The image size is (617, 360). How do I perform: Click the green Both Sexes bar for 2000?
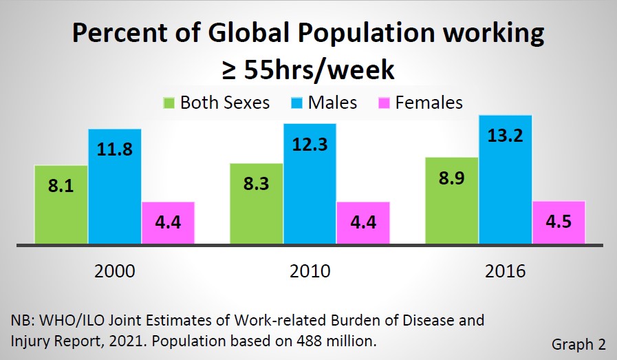(61, 204)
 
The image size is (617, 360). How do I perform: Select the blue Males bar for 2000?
(114, 186)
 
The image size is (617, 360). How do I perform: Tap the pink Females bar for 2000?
(168, 222)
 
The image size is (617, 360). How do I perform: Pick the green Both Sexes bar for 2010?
(256, 204)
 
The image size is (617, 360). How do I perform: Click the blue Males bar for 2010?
(310, 183)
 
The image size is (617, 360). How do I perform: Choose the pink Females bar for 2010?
(362, 222)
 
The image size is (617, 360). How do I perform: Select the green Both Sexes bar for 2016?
(452, 200)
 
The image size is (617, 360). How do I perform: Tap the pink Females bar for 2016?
(559, 222)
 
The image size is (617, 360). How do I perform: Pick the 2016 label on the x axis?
(505, 271)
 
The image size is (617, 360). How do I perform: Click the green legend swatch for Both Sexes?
(168, 103)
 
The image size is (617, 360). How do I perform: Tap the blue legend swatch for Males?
(296, 103)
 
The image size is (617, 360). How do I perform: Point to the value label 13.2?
(506, 136)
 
